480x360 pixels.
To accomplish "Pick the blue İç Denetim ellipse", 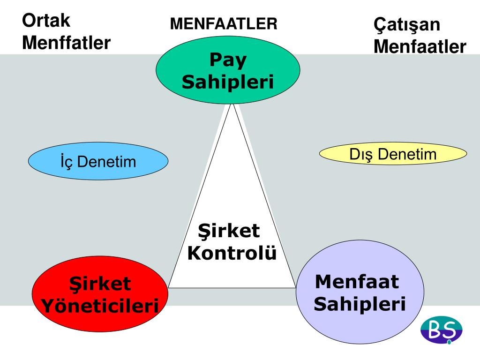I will click(98, 161).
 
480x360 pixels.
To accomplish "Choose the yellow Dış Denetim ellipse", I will click(393, 154).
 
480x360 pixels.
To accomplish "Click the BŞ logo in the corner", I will click(441, 330).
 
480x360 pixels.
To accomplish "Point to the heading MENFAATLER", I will click(224, 23).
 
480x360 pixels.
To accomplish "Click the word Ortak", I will click(46, 20).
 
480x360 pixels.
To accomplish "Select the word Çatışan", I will click(407, 24).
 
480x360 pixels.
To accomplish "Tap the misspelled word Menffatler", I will click(67, 43).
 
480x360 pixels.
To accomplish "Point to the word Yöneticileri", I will click(99, 307).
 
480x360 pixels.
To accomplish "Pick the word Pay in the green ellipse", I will click(228, 60).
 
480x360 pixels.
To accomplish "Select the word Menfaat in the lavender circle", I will click(357, 282).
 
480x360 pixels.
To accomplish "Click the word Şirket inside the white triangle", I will click(229, 231).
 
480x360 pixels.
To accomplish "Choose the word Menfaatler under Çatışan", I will click(420, 47).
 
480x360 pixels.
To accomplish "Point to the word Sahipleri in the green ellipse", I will click(228, 82).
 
